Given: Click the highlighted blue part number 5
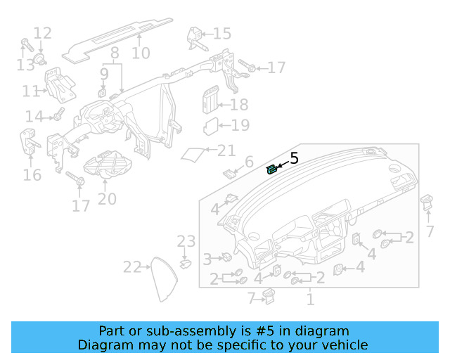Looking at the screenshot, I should click(271, 169).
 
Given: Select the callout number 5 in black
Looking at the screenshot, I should click(294, 159).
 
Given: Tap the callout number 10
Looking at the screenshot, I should click(141, 53).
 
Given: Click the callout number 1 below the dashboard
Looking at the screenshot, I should click(309, 300).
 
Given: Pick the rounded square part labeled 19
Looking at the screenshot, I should click(211, 127).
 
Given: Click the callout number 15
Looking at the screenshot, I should click(221, 34).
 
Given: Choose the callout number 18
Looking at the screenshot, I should click(239, 105).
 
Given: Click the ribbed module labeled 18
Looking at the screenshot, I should click(211, 101).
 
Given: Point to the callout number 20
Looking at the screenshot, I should click(107, 199).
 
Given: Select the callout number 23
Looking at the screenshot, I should click(186, 242).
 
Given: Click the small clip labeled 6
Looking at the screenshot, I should click(229, 172).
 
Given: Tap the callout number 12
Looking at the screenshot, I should click(42, 32).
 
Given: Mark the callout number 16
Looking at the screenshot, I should click(32, 174).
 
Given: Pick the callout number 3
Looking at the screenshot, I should click(207, 259).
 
